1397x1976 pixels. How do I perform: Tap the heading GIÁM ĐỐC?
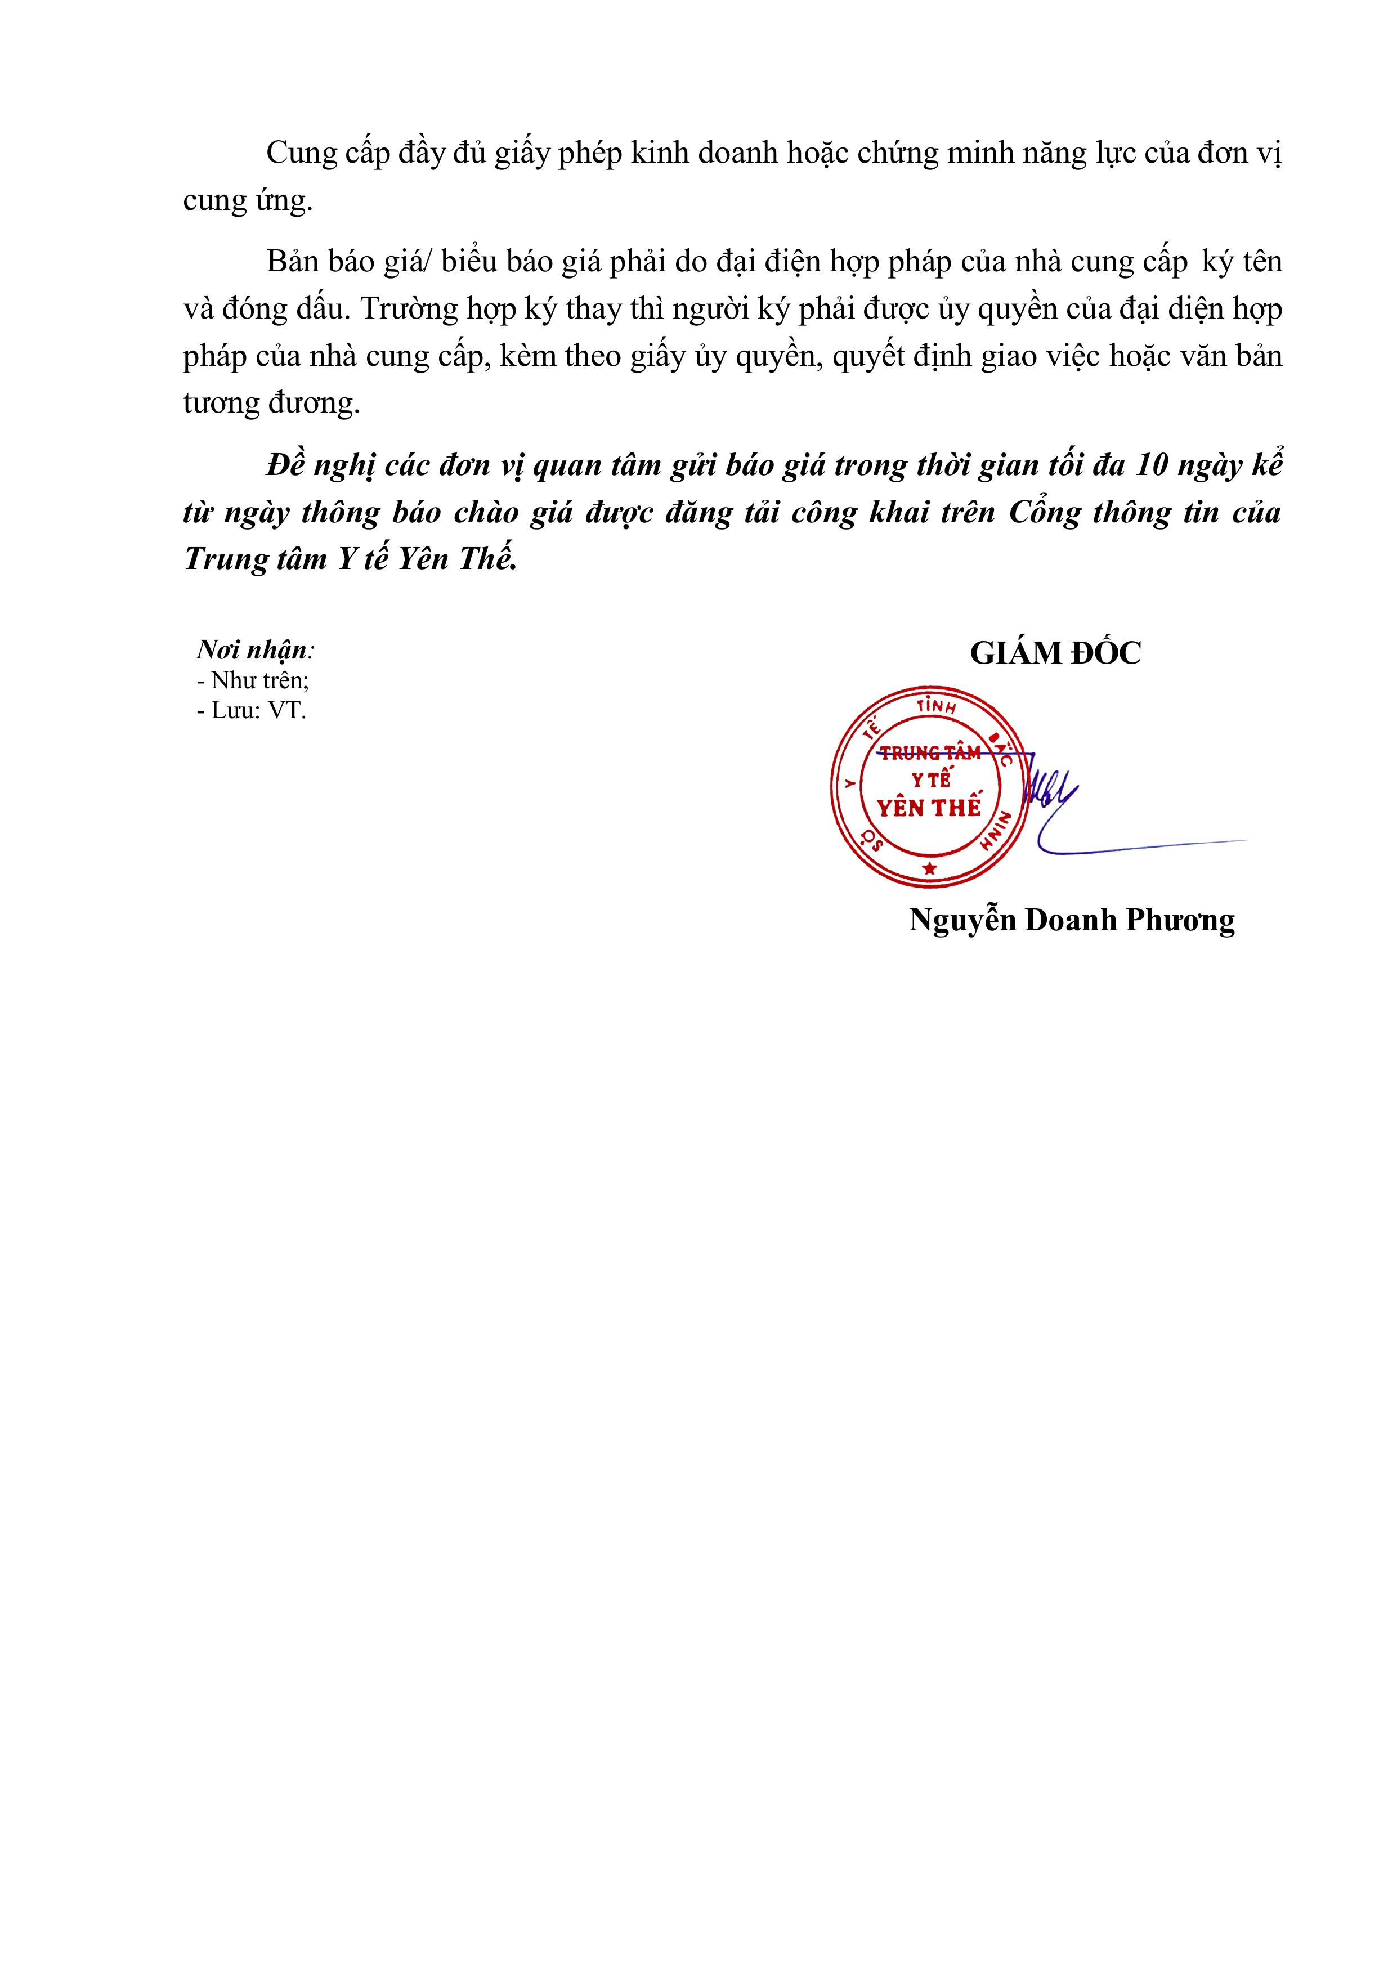pyautogui.click(x=1055, y=653)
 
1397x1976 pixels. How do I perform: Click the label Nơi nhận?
pyautogui.click(x=255, y=649)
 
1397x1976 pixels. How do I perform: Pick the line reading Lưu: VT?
pyautogui.click(x=252, y=711)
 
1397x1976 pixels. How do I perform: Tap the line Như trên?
pyautogui.click(x=252, y=680)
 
